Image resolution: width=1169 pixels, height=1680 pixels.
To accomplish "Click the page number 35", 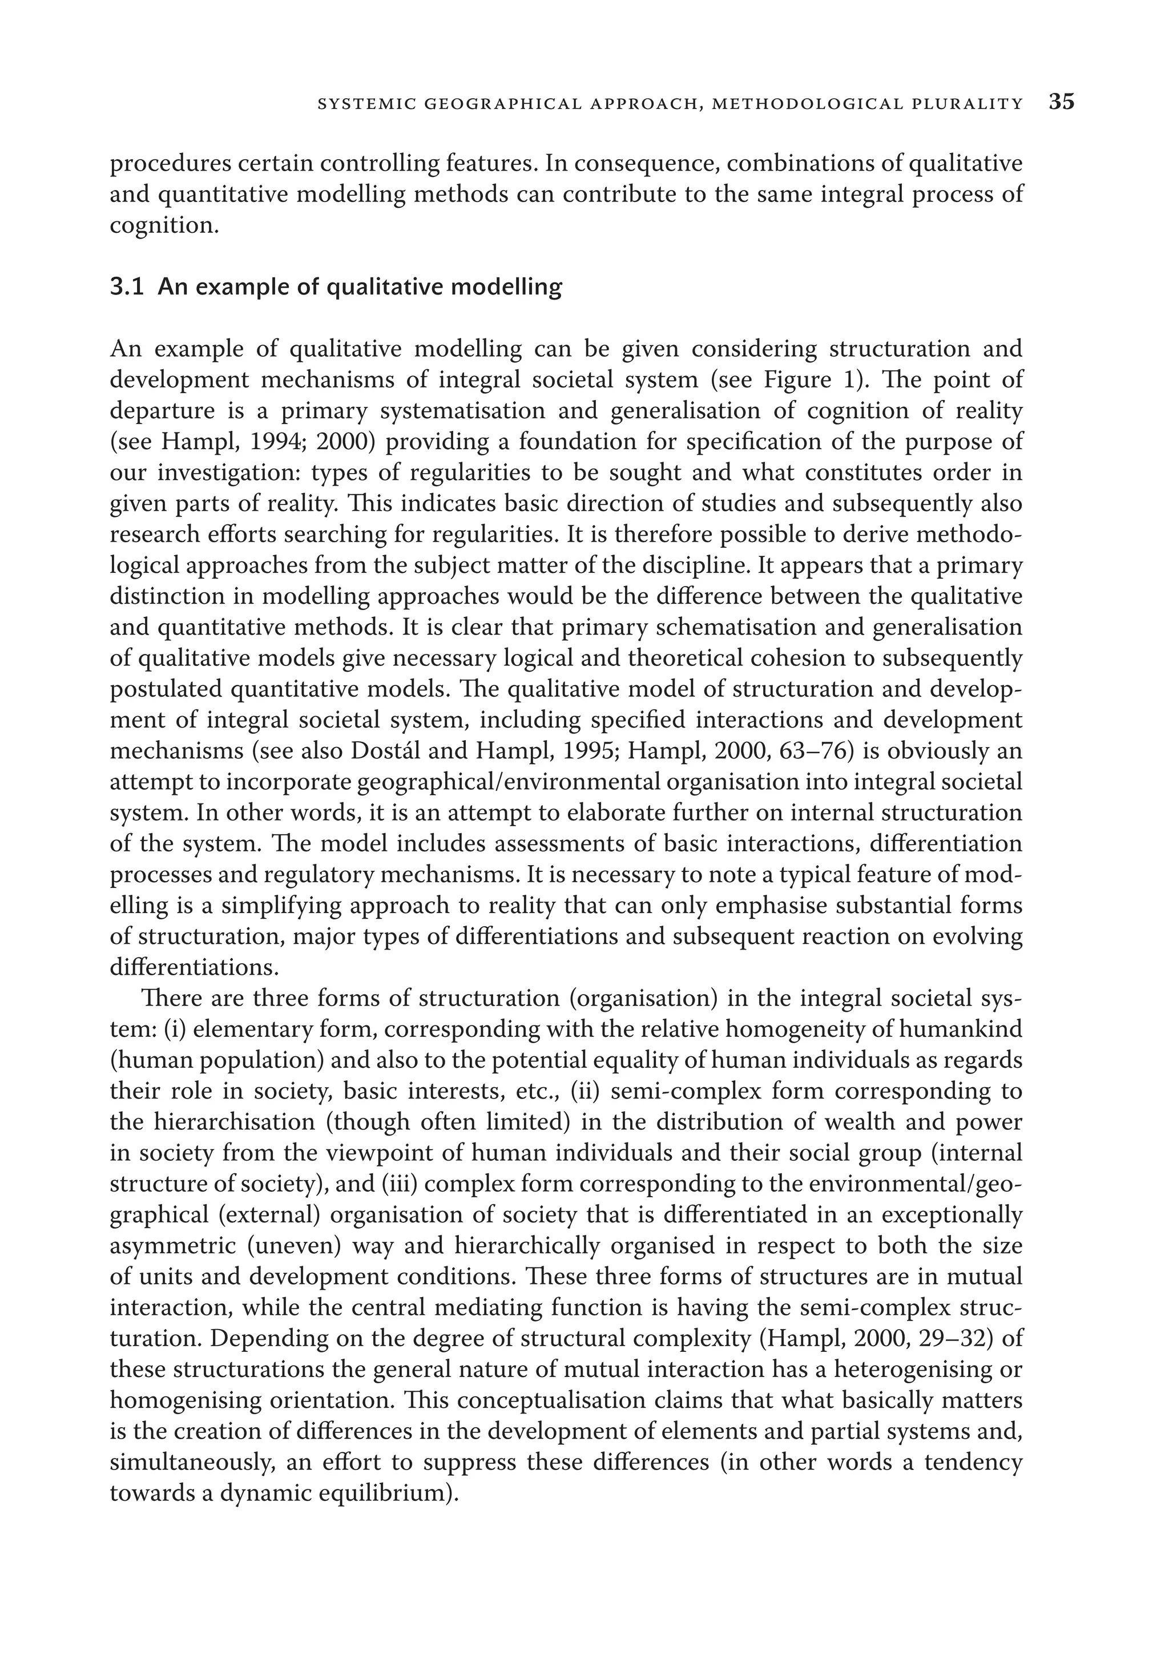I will [x=1061, y=103].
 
